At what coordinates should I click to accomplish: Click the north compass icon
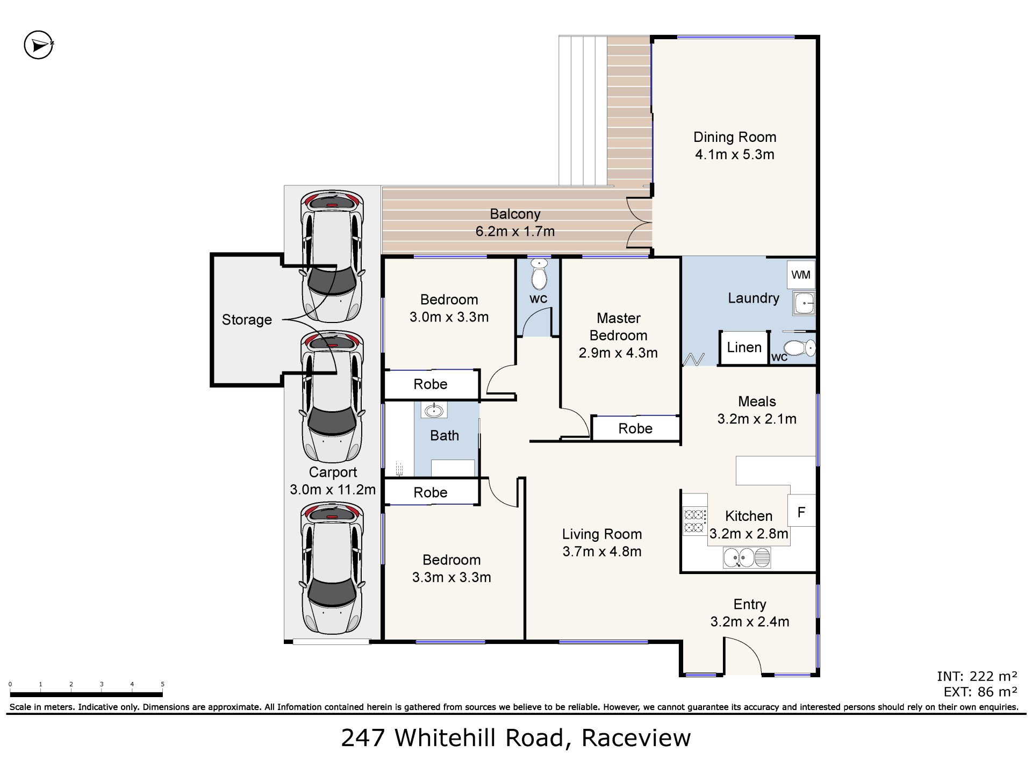coord(39,45)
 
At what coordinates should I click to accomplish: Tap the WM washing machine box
coord(801,275)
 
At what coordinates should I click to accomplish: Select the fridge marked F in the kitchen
coord(801,511)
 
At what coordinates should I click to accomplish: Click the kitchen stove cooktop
coord(694,521)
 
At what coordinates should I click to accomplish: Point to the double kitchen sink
coord(747,557)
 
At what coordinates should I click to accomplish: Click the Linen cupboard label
coord(744,348)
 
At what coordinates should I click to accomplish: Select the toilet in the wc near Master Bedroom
coord(539,274)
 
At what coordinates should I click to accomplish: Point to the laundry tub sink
coord(804,303)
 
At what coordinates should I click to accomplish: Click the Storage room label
coord(247,320)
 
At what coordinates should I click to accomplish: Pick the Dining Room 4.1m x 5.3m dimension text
coord(735,155)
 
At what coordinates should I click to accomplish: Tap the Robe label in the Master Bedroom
coord(635,428)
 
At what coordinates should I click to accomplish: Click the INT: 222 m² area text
coord(977,676)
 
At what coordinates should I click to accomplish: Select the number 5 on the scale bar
coord(162,684)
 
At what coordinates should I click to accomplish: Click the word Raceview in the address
coord(636,738)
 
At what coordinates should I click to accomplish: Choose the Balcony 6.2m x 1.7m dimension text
coord(515,232)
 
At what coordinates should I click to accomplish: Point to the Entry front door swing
coord(743,656)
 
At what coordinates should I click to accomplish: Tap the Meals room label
coord(757,402)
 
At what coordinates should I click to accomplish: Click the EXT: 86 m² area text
coord(980,692)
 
